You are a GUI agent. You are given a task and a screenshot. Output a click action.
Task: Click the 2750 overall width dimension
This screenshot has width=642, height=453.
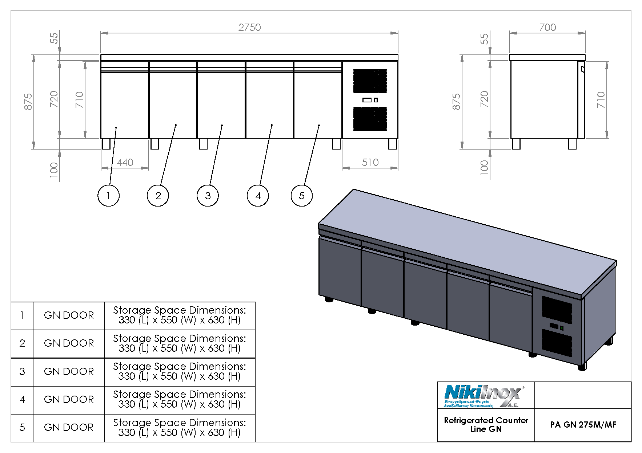pos(249,28)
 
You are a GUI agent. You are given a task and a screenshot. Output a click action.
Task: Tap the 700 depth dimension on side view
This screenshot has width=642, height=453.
pos(547,28)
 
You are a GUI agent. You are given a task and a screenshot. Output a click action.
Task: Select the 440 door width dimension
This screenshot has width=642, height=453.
pos(125,162)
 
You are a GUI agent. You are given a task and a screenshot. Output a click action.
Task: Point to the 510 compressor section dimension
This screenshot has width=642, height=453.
pos(370,162)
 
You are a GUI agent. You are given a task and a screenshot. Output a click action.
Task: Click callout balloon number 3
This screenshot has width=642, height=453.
pos(208,196)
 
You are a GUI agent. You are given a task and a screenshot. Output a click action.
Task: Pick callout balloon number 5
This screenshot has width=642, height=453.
pos(301,196)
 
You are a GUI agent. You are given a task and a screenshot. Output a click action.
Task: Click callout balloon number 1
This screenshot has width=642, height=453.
pos(108,196)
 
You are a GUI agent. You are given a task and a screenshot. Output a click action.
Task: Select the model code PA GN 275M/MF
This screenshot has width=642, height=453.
pos(583,425)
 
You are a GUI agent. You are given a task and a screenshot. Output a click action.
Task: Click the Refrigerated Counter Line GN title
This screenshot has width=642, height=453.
pos(486,425)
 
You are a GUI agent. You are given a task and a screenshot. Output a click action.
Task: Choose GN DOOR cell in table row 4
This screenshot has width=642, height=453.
pos(69,400)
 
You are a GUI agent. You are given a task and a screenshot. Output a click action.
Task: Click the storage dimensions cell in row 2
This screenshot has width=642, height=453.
pos(180,343)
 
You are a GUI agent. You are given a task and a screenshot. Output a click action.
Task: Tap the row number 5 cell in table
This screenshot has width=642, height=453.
pos(22,428)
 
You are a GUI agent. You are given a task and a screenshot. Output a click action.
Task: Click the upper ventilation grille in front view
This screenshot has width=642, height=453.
pos(370,81)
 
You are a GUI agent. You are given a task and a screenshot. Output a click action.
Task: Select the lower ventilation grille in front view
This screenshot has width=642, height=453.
pos(370,119)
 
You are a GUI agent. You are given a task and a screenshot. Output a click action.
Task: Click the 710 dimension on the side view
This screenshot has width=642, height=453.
pos(601,99)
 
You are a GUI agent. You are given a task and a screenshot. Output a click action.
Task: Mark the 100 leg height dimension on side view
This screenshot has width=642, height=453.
pos(484,168)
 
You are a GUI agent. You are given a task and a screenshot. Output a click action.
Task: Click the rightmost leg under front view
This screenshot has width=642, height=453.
pos(393,144)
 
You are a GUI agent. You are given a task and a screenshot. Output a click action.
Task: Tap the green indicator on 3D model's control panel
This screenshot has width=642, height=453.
pos(562,328)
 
